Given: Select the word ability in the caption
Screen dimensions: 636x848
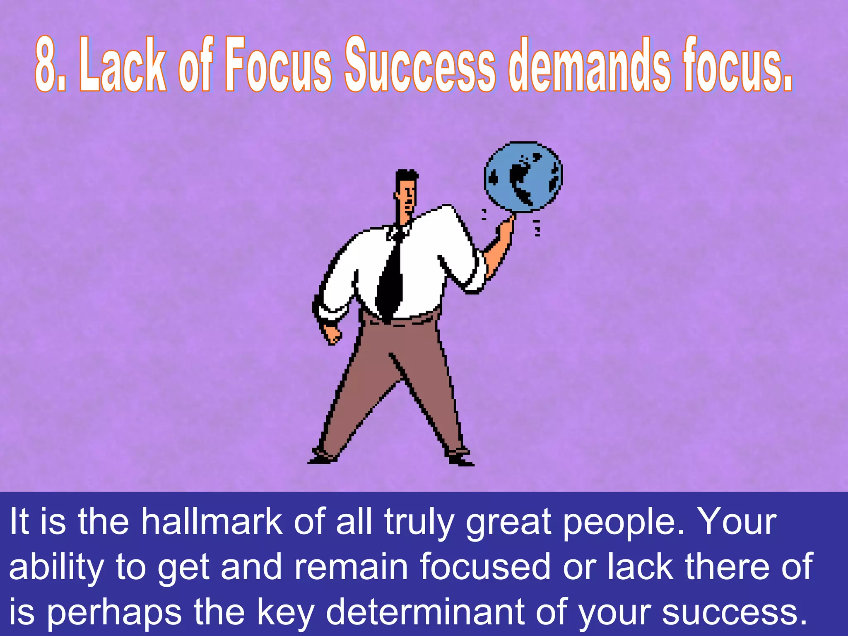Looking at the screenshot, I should pyautogui.click(x=56, y=568).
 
